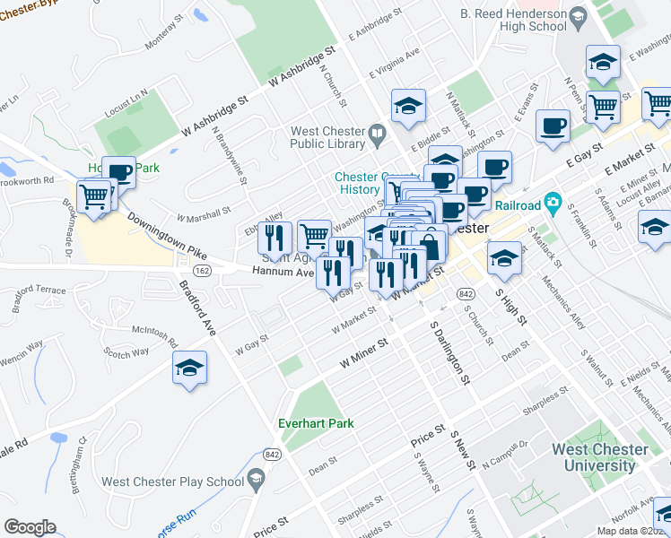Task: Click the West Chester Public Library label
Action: [328, 137]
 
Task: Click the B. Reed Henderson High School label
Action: [512, 20]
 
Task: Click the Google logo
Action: [30, 527]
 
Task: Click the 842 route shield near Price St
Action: [270, 455]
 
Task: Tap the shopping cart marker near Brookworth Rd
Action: [93, 195]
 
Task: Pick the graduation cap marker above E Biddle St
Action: [407, 107]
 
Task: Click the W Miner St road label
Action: [363, 354]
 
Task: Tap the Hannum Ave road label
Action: [282, 270]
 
